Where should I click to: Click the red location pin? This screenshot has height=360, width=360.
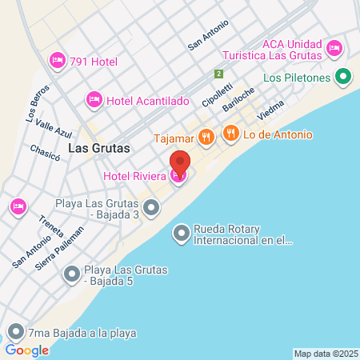tap(180, 164)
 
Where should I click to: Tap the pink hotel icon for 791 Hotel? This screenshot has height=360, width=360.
tap(57, 60)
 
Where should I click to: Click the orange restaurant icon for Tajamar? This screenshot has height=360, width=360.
tap(206, 136)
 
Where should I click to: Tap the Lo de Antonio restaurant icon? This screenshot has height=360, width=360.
tap(230, 134)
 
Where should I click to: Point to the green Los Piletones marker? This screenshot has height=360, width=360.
tap(343, 78)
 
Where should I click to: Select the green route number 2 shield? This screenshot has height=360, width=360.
tap(218, 74)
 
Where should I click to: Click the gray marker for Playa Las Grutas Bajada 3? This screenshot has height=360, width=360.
tap(151, 208)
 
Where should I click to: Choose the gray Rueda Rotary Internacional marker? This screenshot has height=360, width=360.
tap(182, 233)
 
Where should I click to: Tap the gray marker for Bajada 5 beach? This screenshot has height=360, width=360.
tap(72, 275)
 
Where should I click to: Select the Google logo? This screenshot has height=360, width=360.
tap(26, 350)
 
